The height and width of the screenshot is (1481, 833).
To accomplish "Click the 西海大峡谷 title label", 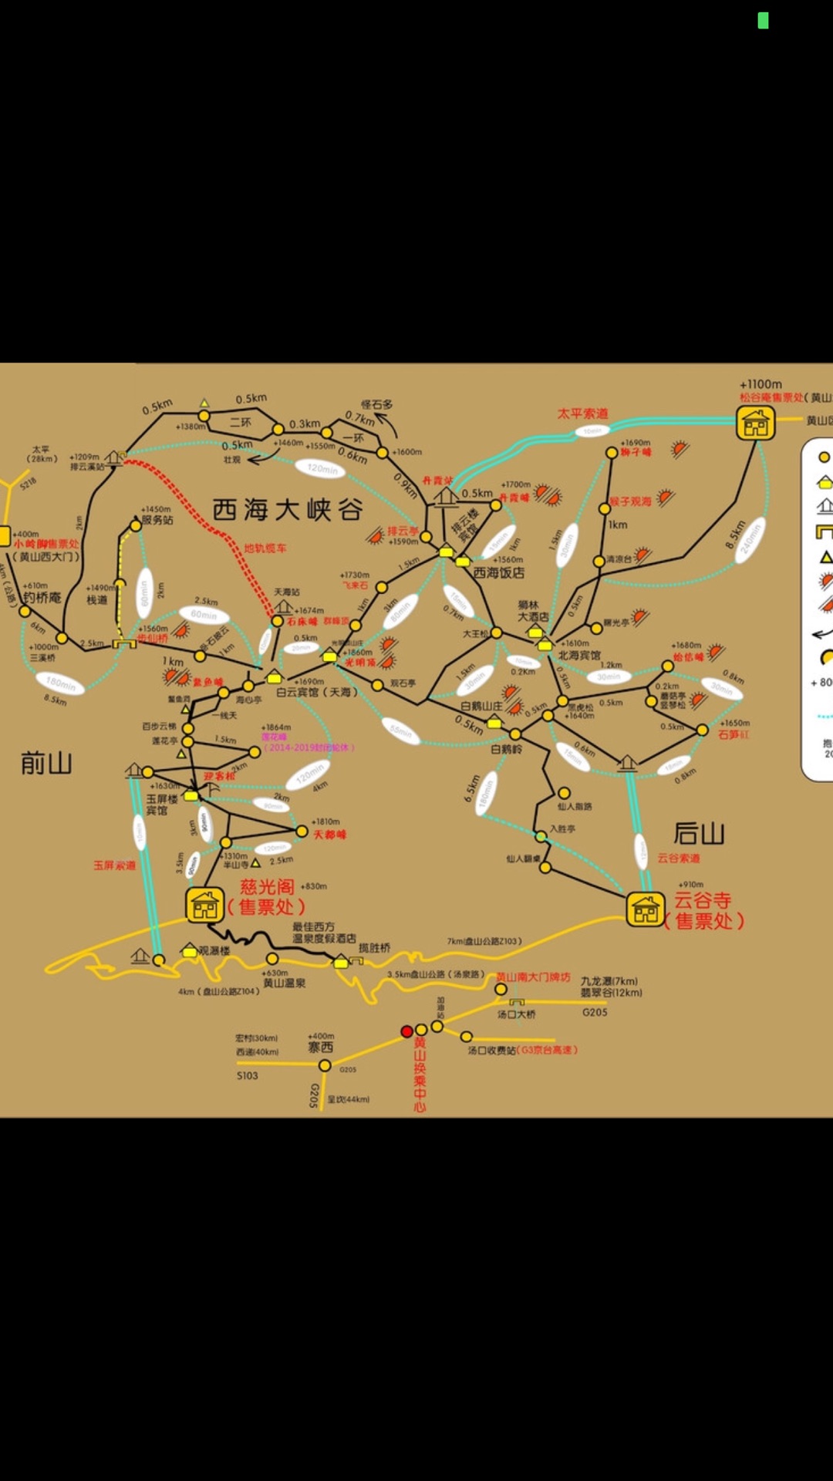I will click(287, 510).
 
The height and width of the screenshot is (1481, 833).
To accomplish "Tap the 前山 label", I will click(46, 764).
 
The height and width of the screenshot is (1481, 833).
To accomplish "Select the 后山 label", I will click(699, 834).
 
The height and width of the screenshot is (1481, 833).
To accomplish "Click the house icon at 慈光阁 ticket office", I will click(204, 905).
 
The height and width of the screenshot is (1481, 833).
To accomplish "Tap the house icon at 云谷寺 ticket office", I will click(646, 909).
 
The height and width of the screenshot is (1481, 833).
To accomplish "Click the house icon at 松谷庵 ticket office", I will click(755, 423).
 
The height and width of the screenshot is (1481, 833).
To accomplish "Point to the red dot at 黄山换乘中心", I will click(407, 1031).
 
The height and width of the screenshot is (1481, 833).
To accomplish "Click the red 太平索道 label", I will click(582, 414).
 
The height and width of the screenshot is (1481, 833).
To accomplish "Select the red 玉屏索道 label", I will click(114, 865).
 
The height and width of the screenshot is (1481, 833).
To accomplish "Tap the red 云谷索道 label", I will click(679, 858).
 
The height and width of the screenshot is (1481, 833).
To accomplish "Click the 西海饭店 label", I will click(498, 572).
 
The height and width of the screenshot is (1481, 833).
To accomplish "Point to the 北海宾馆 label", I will click(579, 655).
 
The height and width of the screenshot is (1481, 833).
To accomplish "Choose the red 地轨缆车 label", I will click(265, 548).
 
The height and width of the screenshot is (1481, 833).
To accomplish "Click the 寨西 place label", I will click(320, 1047).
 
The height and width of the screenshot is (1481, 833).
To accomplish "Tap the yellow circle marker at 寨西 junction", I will click(325, 1065).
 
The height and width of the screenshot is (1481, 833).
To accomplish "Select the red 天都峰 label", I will click(329, 835).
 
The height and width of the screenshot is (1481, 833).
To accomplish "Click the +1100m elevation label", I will click(760, 384).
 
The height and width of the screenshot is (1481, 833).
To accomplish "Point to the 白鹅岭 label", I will click(506, 749).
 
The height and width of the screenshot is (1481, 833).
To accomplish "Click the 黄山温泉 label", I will click(284, 983).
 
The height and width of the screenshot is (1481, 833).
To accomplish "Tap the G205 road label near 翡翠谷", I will click(595, 1012).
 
